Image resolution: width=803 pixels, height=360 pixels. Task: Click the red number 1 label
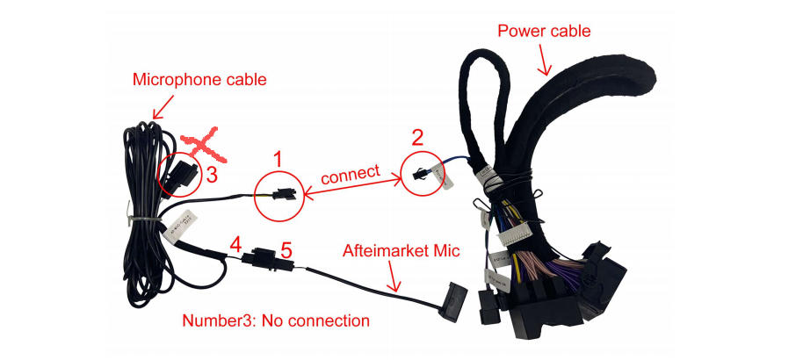point(277,160)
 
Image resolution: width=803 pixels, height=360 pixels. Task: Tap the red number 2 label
point(418,137)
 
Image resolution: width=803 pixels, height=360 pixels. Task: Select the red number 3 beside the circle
point(212,175)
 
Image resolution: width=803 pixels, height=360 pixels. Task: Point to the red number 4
point(235,245)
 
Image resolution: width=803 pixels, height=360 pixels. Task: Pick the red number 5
point(286,250)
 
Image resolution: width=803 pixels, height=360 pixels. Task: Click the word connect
point(351,174)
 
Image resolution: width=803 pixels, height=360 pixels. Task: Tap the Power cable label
point(544,31)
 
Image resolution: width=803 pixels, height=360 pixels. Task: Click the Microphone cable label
point(199,80)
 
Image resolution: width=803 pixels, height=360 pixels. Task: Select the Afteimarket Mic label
point(401,251)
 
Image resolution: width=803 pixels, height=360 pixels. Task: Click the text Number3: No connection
point(276,321)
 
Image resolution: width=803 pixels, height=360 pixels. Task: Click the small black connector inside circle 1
point(283,193)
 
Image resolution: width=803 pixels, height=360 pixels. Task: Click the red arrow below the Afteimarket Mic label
point(394,276)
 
